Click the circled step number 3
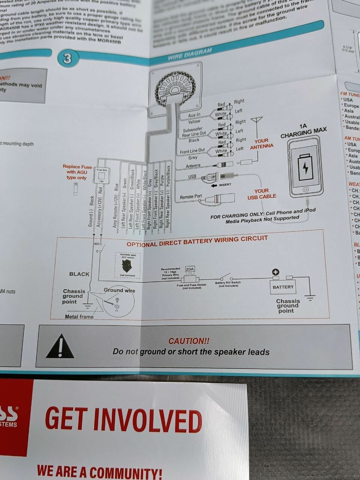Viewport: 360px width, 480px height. [x=67, y=59]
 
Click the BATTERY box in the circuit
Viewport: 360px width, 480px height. [x=283, y=287]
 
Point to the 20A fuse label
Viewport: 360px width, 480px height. [x=190, y=269]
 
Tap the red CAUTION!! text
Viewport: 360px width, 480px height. [x=189, y=341]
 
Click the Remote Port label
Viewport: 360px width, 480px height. [x=190, y=197]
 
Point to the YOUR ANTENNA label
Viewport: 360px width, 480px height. [x=262, y=144]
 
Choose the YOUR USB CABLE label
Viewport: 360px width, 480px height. [x=262, y=193]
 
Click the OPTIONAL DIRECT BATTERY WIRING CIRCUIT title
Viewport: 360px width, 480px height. [x=197, y=241]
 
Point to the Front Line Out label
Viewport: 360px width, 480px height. [x=192, y=151]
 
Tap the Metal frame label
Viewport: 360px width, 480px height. [x=79, y=317]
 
